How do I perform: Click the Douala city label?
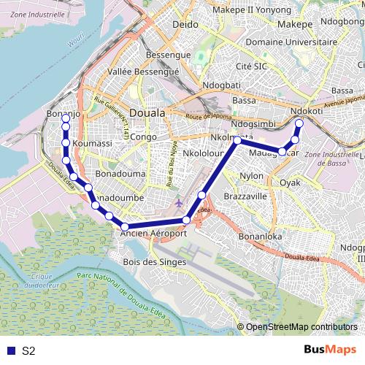(x=147, y=113)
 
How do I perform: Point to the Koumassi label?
(x=93, y=144)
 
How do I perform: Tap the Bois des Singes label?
(x=155, y=261)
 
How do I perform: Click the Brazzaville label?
(x=245, y=197)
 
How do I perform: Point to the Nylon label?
(x=252, y=176)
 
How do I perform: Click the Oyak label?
(x=291, y=182)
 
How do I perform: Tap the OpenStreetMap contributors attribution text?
(x=301, y=326)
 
